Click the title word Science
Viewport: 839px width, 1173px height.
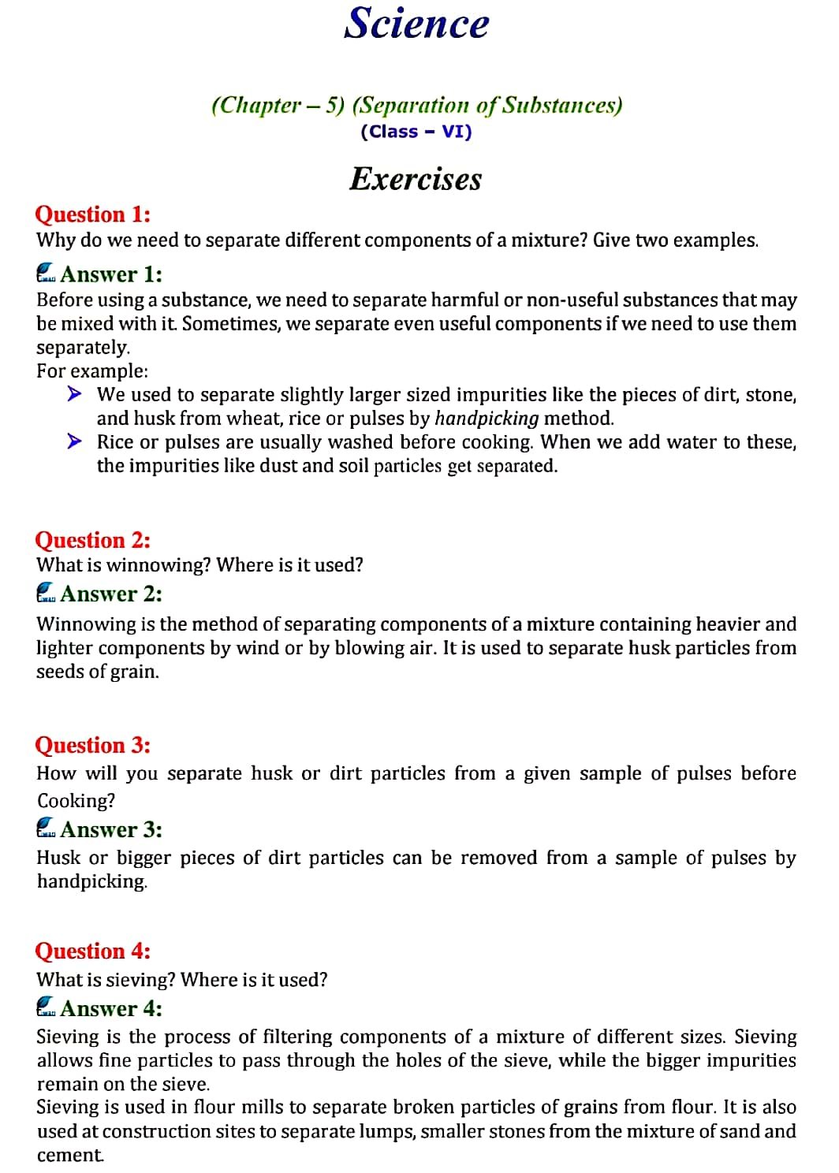pyautogui.click(x=416, y=24)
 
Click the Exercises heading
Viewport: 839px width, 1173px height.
pyautogui.click(x=416, y=179)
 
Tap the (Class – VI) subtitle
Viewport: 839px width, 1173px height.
pyautogui.click(x=416, y=132)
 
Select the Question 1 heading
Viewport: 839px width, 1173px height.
pyautogui.click(x=92, y=214)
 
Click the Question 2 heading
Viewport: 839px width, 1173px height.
pyautogui.click(x=92, y=540)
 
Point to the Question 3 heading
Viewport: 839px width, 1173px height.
pyautogui.click(x=92, y=745)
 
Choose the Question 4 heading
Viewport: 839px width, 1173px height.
pyautogui.click(x=92, y=951)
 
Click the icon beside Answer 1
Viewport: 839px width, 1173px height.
pyautogui.click(x=47, y=273)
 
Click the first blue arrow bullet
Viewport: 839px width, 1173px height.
pyautogui.click(x=74, y=393)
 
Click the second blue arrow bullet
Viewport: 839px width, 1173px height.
pyautogui.click(x=74, y=441)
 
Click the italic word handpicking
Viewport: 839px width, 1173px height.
pyautogui.click(x=487, y=419)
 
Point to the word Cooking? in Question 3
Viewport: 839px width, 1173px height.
pyautogui.click(x=76, y=801)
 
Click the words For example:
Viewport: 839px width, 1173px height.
pyautogui.click(x=91, y=371)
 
